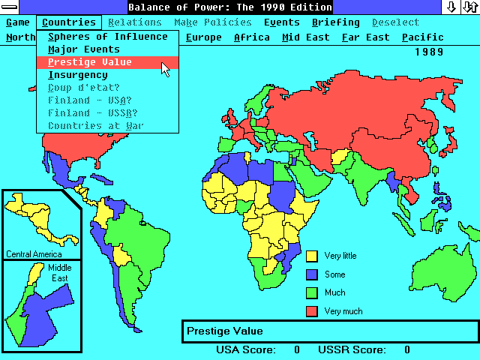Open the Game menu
[x=18, y=22]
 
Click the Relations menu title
[x=135, y=22]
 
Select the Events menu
[x=281, y=22]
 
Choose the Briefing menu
[x=336, y=22]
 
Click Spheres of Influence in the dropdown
[x=107, y=37]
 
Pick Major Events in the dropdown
[x=83, y=49]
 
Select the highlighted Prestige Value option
[x=89, y=62]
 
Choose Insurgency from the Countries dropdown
[x=77, y=75]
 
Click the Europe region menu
[x=203, y=37]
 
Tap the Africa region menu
[x=252, y=37]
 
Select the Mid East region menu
[x=306, y=37]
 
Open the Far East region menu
[x=365, y=37]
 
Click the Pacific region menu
[x=422, y=37]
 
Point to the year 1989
[x=428, y=52]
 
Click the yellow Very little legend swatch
[x=312, y=256]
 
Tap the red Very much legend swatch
[x=312, y=310]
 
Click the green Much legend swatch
[x=312, y=292]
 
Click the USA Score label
[x=246, y=349]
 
